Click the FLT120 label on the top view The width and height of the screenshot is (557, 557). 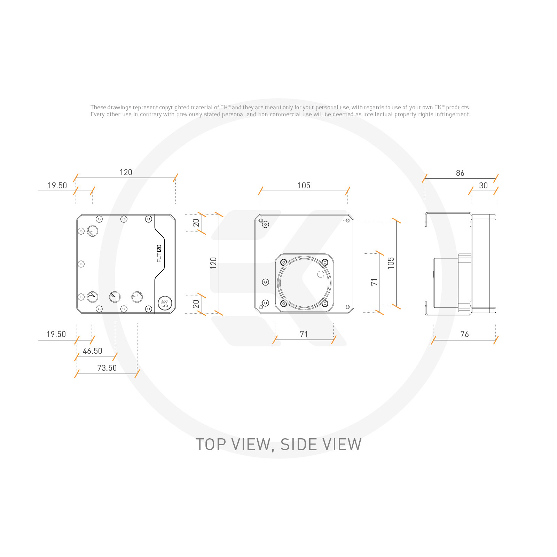159,253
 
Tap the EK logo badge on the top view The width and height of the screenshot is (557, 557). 165,303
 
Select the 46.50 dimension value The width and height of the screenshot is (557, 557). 93,351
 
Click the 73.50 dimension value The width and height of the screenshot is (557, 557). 107,368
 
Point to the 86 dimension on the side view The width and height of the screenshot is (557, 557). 460,173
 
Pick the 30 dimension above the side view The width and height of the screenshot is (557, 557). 484,186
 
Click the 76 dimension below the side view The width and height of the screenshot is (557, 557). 464,334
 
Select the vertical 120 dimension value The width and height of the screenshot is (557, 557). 213,263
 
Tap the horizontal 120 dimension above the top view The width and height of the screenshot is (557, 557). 126,172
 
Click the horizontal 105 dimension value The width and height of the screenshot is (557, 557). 304,186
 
